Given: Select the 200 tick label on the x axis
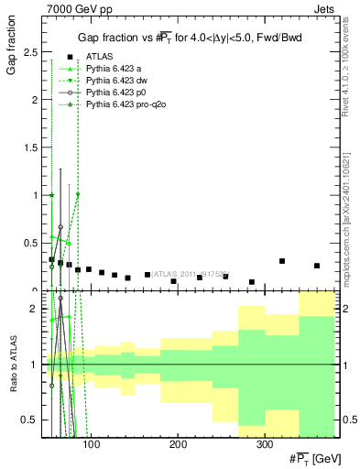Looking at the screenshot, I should click(x=177, y=445).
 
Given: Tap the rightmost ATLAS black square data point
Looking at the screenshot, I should click(x=317, y=266).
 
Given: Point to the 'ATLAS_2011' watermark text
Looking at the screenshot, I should click(x=179, y=273).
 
